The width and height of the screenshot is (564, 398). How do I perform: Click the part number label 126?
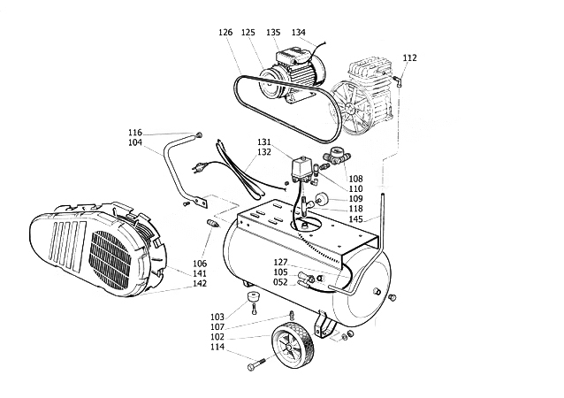coord(225,33)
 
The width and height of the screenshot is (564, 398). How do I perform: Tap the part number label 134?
coord(298,33)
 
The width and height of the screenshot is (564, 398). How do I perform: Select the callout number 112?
coord(409,58)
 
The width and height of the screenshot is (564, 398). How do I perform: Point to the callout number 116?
coord(134,133)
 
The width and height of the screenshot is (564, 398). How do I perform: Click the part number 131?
coord(264,142)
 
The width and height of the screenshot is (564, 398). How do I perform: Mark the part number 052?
coord(280,283)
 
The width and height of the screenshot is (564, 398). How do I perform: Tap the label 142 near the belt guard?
coord(200,284)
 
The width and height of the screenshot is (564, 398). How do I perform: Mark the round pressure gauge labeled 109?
coord(318,198)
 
